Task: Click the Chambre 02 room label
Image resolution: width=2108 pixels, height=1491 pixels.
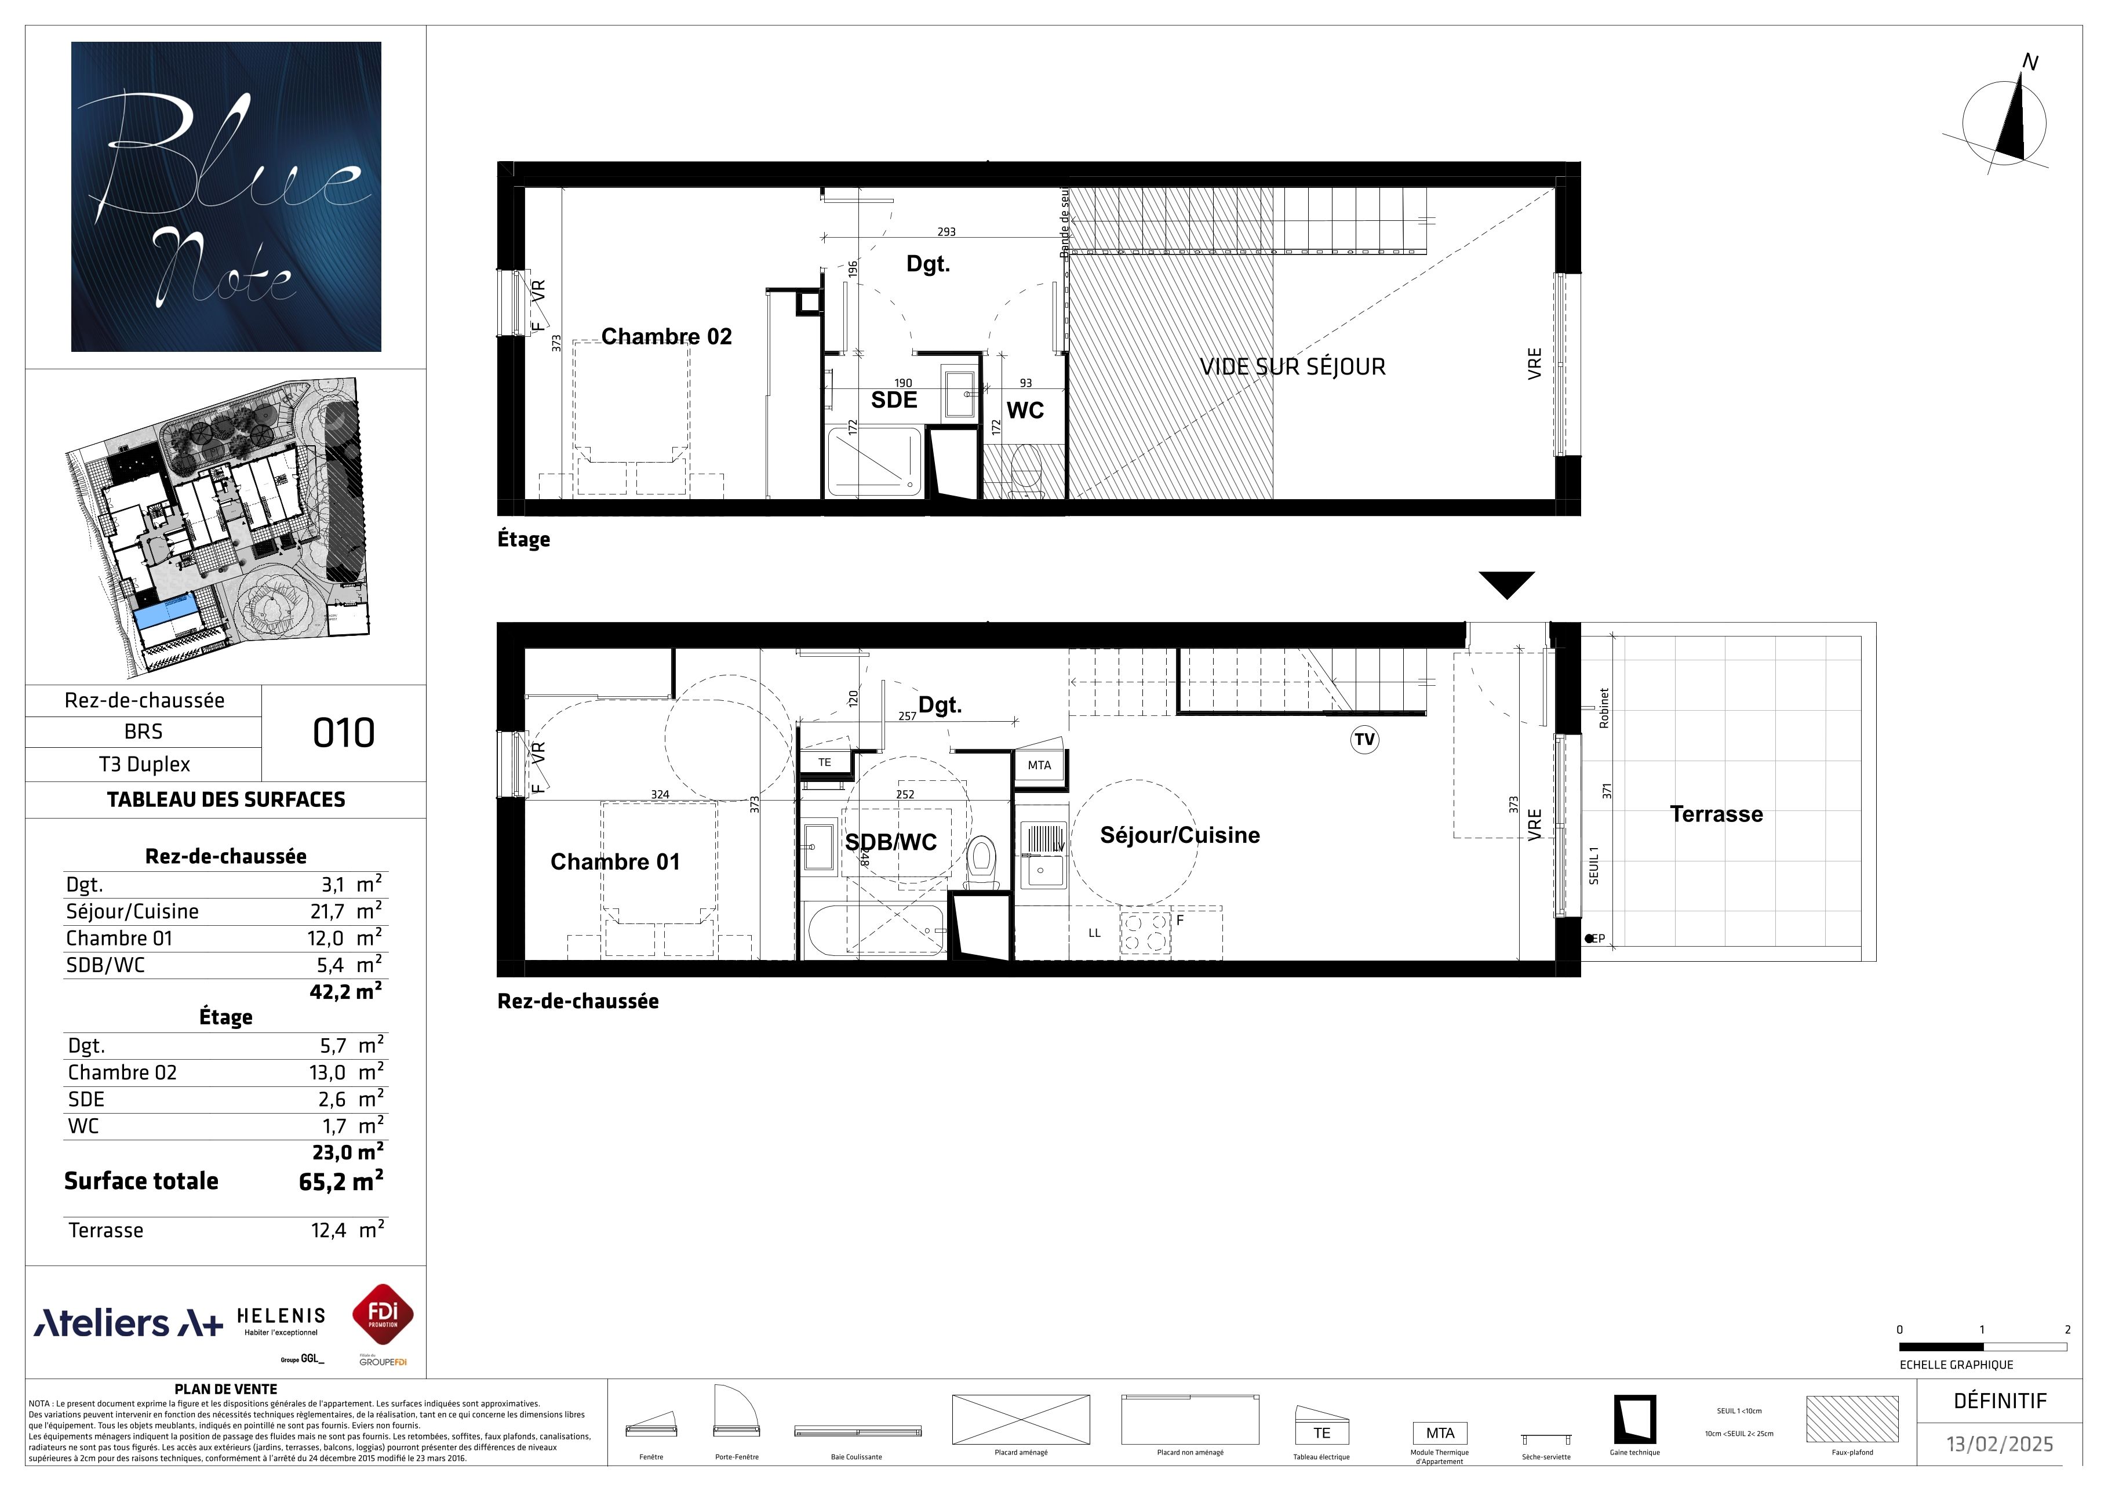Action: pyautogui.click(x=667, y=337)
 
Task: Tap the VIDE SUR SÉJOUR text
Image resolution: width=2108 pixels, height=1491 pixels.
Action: pyautogui.click(x=1292, y=367)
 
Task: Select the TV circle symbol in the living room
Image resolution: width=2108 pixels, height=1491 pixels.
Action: pyautogui.click(x=1364, y=740)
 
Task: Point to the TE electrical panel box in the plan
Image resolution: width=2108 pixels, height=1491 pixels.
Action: pyautogui.click(x=824, y=763)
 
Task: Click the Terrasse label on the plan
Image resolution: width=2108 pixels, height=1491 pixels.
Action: pyautogui.click(x=1716, y=814)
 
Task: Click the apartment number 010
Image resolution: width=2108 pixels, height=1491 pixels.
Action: pyautogui.click(x=343, y=733)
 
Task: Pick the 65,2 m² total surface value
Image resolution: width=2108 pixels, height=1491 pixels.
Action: pyautogui.click(x=341, y=1181)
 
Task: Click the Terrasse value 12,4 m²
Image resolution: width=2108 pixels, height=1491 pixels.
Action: pyautogui.click(x=346, y=1230)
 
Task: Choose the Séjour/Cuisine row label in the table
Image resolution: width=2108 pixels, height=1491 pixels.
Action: pyautogui.click(x=132, y=912)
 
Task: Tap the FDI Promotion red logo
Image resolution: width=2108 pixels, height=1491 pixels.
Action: pyautogui.click(x=383, y=1315)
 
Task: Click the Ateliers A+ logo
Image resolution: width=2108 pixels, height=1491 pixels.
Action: pyautogui.click(x=129, y=1323)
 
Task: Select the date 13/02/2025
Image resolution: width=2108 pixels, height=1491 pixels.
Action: pyautogui.click(x=2000, y=1444)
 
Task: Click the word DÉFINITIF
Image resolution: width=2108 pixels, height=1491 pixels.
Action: pyautogui.click(x=2000, y=1401)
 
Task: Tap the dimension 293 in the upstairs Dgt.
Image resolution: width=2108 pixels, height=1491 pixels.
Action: pyautogui.click(x=946, y=232)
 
